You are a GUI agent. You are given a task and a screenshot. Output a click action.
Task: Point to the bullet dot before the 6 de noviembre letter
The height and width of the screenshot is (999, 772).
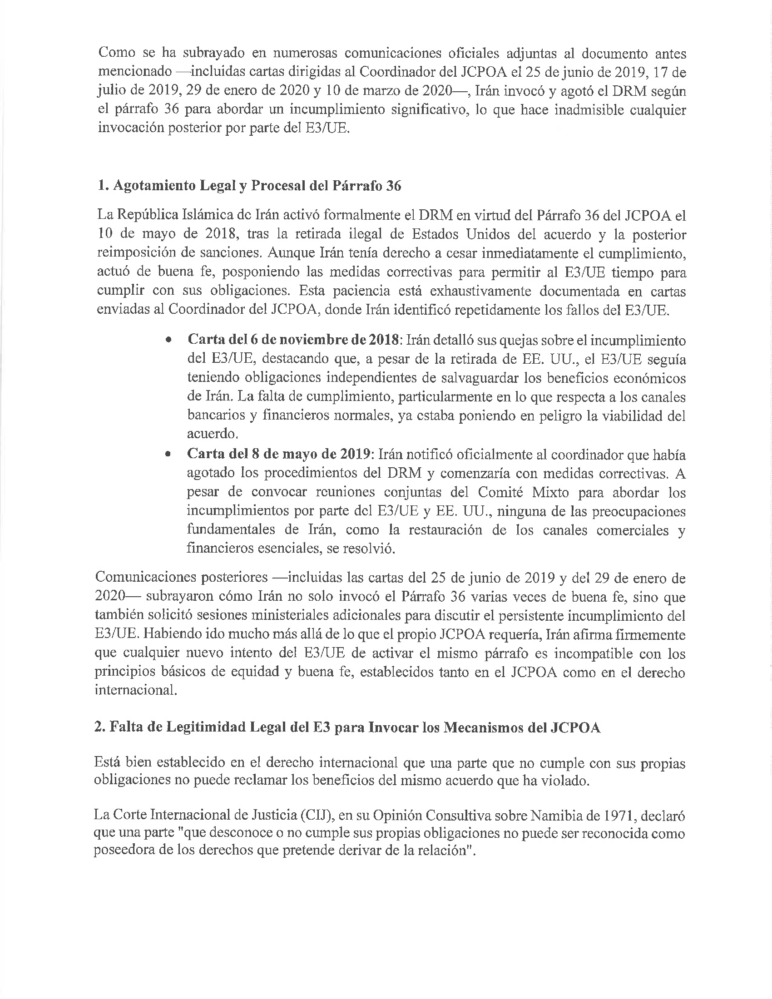(169, 341)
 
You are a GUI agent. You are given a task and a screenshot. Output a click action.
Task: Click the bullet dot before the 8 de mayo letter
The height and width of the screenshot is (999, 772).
(169, 455)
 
